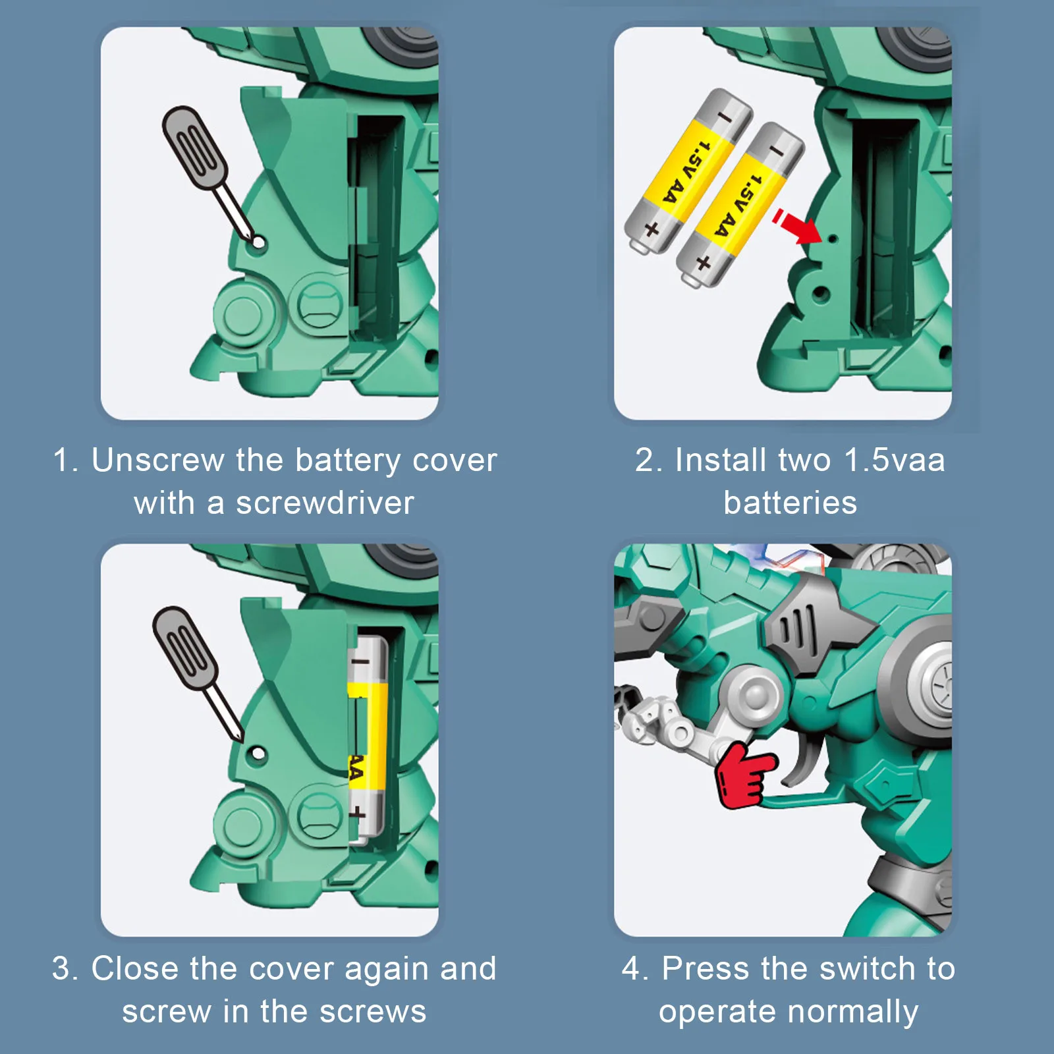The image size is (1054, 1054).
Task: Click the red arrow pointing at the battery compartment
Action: [797, 226]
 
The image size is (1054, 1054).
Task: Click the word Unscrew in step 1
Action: [158, 460]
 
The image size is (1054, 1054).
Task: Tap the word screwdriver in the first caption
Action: [325, 503]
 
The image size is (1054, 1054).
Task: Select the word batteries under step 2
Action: [790, 503]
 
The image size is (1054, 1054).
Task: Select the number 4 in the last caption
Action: [631, 969]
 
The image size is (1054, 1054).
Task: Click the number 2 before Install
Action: [644, 460]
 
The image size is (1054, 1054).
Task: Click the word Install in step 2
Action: [721, 460]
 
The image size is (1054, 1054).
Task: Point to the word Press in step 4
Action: [706, 968]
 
